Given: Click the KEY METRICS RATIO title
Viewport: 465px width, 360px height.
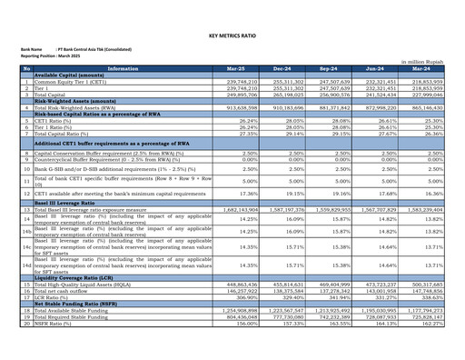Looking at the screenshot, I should click(x=232, y=35).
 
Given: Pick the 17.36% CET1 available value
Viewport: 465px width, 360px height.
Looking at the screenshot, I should click(x=231, y=194).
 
